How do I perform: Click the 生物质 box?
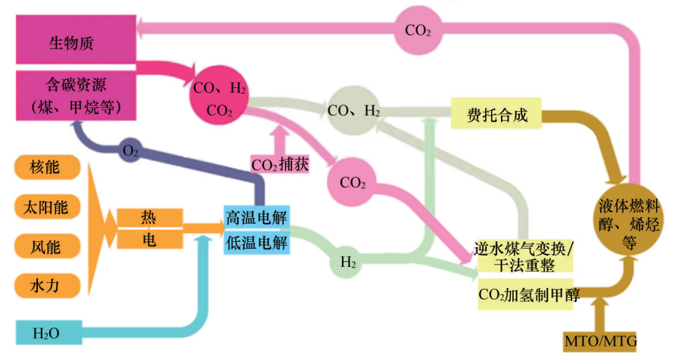pyautogui.click(x=76, y=42)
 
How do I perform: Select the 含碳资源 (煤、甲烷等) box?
pyautogui.click(x=76, y=94)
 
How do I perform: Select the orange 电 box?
pyautogui.click(x=149, y=240)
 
